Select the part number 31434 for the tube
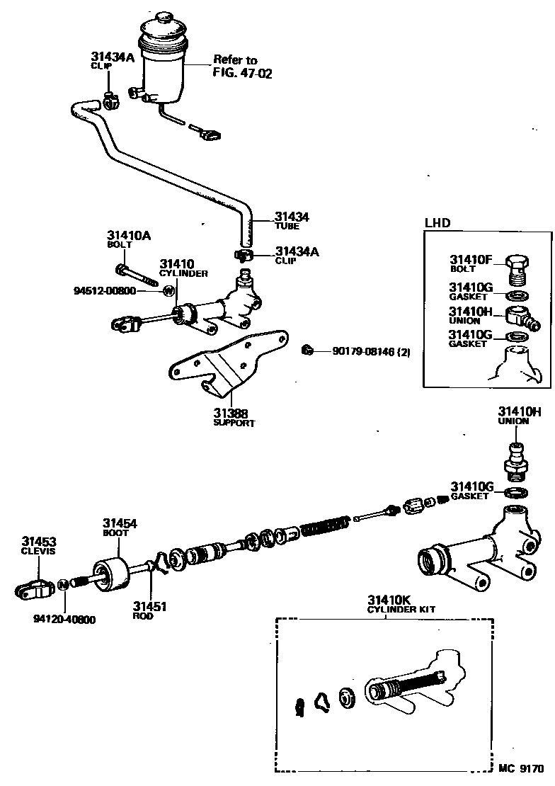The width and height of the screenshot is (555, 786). coord(292,218)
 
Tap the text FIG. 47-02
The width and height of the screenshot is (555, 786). coord(242,72)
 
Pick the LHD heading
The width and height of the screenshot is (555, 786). coord(437,223)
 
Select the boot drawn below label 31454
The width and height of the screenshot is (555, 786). coord(111,576)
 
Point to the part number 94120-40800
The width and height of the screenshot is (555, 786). coord(64,619)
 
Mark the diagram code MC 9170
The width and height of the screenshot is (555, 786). coord(520,768)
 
